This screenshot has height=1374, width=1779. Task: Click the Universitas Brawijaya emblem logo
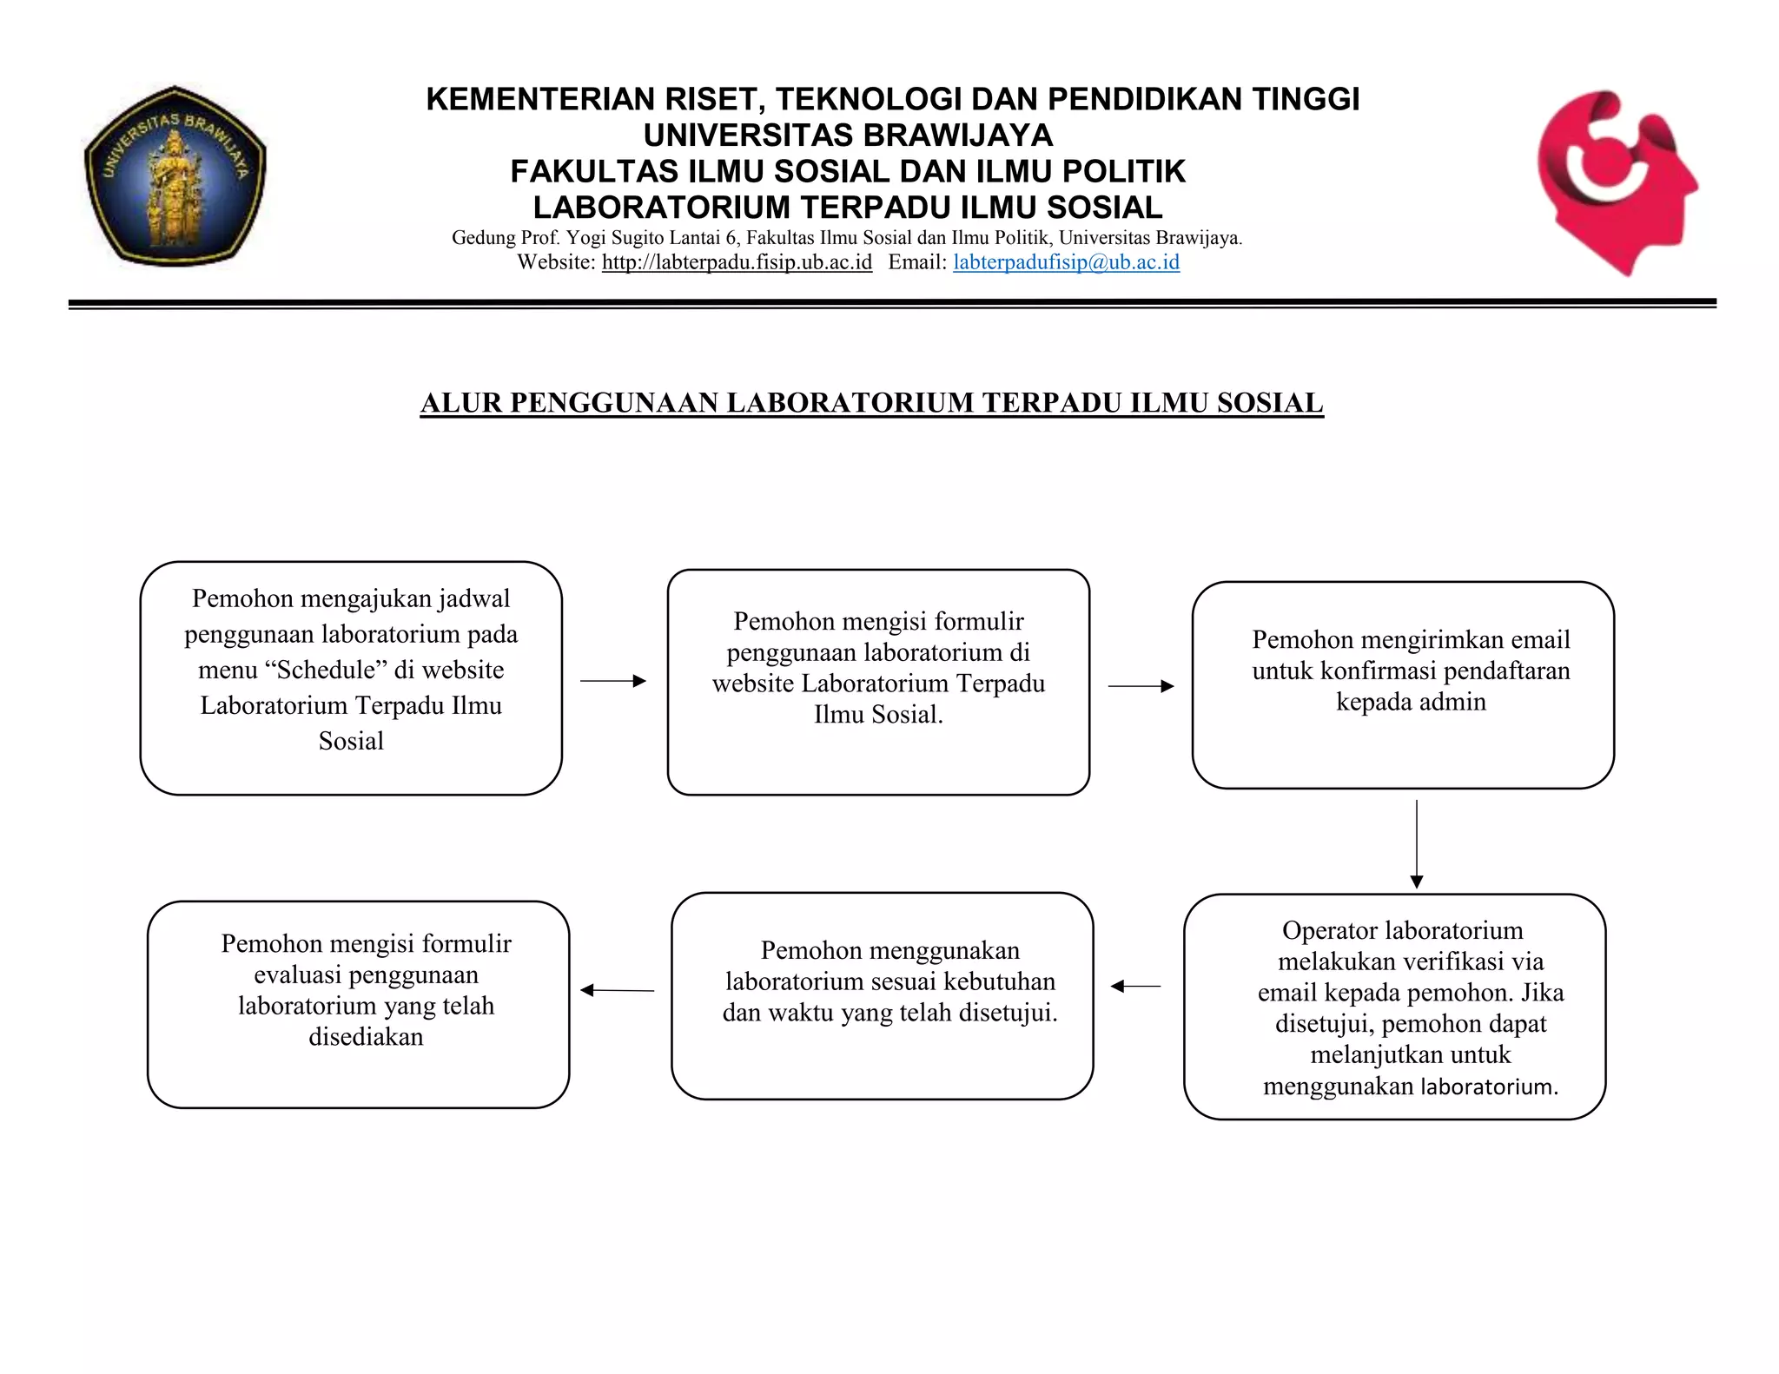point(175,176)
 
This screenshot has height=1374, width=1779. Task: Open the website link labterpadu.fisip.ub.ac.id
point(737,262)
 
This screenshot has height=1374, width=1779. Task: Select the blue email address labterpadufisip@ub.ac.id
point(1066,262)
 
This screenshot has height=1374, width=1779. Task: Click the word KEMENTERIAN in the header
point(541,100)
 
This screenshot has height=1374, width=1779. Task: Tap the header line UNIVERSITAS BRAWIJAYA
point(848,136)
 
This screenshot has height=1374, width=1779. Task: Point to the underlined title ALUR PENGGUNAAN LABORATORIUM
point(871,403)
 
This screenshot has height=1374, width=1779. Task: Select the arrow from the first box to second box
point(613,681)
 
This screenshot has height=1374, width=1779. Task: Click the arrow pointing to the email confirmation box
point(1141,686)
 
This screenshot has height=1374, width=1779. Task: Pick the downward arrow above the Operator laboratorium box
point(1417,842)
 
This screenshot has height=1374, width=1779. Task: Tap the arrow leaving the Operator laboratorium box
point(1135,986)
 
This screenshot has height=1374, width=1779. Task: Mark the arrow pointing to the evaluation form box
point(617,990)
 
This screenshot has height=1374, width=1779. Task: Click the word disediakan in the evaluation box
point(366,1037)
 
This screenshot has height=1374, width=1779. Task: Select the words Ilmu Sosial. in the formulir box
point(878,715)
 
